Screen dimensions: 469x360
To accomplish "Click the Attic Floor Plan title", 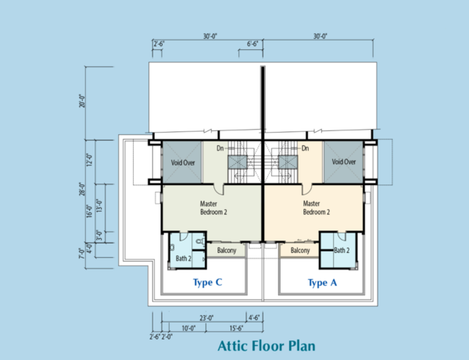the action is click(x=267, y=346).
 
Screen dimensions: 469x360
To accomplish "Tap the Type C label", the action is click(x=208, y=283).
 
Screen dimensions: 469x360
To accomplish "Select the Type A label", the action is click(x=322, y=283).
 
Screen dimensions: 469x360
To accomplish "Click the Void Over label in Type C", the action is click(x=183, y=163).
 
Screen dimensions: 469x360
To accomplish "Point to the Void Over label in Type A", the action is click(x=344, y=162).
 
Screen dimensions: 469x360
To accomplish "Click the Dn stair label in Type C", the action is click(x=220, y=148).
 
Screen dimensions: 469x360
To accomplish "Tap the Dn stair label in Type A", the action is click(x=305, y=148).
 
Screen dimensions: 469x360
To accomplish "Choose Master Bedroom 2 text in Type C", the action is click(x=213, y=208).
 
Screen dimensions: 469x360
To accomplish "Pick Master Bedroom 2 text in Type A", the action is click(x=317, y=208).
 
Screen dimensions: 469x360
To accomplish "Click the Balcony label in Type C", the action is click(x=227, y=251).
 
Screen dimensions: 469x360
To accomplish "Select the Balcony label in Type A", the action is click(x=300, y=251).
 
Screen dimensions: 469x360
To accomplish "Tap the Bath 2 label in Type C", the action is click(x=184, y=258).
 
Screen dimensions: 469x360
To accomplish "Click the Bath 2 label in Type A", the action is click(x=342, y=251).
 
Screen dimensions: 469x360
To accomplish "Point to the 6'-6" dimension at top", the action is click(x=252, y=44).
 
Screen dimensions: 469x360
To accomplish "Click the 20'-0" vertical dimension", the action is click(x=82, y=101).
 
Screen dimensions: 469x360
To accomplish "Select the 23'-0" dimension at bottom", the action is click(x=206, y=318).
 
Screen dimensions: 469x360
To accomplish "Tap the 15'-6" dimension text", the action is click(x=236, y=328).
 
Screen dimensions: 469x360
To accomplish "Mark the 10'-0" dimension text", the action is click(x=188, y=328).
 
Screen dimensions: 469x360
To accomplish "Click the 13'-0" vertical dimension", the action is click(x=99, y=205).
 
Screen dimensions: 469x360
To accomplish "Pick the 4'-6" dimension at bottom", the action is click(x=254, y=318).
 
